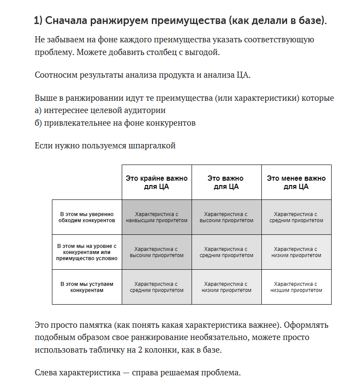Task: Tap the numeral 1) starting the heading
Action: click(38, 21)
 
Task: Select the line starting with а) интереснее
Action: click(100, 110)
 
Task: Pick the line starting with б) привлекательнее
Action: click(115, 123)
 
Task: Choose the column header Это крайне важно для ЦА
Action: click(157, 182)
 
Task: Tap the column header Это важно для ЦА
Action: click(226, 182)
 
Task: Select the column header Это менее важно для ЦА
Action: click(296, 182)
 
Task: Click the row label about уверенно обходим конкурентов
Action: click(86, 217)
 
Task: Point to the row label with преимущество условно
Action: click(86, 252)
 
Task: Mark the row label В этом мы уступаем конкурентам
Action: click(86, 287)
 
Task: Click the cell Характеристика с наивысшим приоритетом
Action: click(157, 217)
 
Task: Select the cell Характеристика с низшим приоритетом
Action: click(296, 287)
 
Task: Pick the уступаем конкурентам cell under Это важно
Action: click(226, 287)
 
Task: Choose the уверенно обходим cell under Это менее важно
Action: click(296, 217)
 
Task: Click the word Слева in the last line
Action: click(45, 373)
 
